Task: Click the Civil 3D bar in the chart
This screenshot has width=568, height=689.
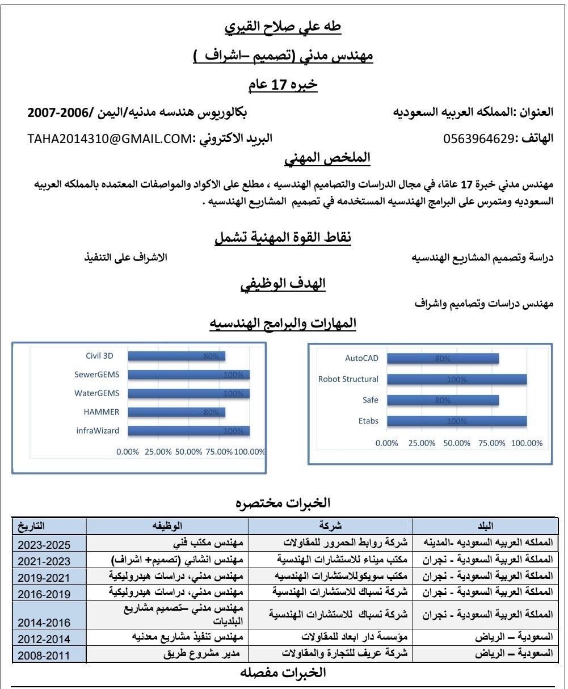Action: (176, 356)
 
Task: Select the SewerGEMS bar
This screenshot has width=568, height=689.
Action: (188, 375)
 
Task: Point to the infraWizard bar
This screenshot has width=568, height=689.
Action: (188, 431)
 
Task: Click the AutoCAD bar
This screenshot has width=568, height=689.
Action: (443, 359)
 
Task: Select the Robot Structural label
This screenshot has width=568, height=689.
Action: (348, 379)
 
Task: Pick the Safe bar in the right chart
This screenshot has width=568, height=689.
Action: (443, 400)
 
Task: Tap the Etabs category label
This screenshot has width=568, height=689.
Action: (368, 421)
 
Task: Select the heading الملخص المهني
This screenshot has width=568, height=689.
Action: (327, 158)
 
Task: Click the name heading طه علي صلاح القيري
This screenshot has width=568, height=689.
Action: (283, 26)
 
